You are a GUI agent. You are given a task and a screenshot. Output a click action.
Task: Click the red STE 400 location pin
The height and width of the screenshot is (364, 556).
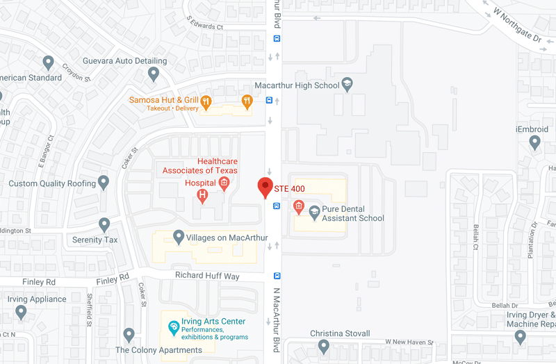coord(265,187)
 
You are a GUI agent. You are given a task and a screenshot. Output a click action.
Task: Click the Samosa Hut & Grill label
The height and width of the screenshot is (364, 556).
coord(163,100)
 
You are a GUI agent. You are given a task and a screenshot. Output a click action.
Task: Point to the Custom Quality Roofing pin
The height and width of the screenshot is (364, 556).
coord(104,183)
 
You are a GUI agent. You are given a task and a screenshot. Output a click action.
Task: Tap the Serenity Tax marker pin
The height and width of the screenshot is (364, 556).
coord(104,225)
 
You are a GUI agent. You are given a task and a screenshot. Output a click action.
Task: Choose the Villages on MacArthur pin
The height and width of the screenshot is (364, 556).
coord(179,238)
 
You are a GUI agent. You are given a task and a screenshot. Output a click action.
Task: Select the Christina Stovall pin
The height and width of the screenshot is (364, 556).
coord(323,346)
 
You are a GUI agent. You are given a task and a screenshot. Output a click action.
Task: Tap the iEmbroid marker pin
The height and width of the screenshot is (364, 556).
coord(534,142)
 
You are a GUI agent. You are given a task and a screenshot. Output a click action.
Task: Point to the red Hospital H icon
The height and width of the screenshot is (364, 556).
coord(203,197)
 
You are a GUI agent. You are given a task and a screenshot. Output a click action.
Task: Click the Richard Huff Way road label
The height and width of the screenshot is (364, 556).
coord(207,276)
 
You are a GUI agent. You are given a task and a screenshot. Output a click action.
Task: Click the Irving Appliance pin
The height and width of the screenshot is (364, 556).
coord(22,313)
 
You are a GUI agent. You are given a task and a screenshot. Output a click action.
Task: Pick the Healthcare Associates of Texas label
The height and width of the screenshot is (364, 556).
coord(200,165)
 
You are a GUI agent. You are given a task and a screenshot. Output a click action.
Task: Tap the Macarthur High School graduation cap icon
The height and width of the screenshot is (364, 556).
coord(347,85)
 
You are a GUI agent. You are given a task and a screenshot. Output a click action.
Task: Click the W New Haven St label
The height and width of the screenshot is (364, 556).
coord(409,342)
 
